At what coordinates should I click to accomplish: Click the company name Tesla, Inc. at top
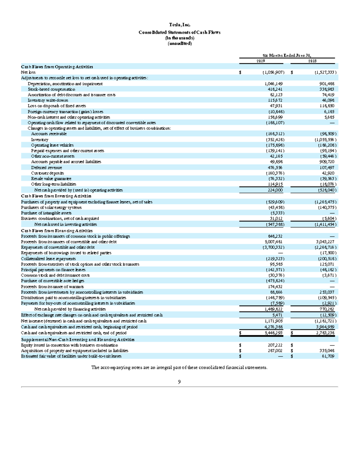179,25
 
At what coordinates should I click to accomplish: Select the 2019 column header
260,61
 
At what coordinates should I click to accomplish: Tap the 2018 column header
312,61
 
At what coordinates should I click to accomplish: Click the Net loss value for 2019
273,72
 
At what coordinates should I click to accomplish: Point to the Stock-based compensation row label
51,89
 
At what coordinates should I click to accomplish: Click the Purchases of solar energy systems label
51,207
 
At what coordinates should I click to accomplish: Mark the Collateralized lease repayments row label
48,259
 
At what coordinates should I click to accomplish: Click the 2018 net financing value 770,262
327,309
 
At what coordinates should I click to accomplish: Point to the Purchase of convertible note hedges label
52,281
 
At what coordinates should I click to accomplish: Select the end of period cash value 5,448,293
273,333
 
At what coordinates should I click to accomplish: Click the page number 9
179,382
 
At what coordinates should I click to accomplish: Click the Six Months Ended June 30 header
287,55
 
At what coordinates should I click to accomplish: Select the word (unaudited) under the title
179,44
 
